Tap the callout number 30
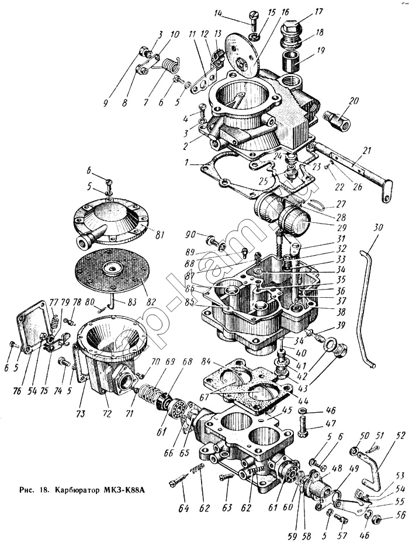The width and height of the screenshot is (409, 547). point(378,227)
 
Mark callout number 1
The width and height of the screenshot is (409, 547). point(186,164)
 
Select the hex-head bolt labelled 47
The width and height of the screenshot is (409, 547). point(302,429)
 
